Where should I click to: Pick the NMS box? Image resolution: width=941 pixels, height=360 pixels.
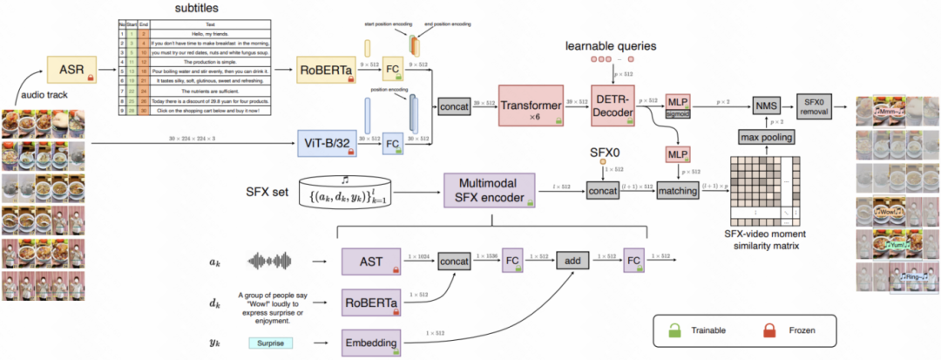pos(764,106)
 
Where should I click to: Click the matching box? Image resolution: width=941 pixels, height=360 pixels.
pos(679,188)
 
